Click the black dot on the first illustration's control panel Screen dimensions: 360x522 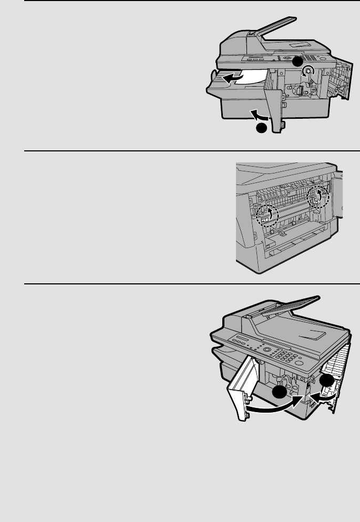[297, 61]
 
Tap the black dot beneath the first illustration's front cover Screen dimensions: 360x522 [261, 129]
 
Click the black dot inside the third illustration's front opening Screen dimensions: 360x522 [280, 394]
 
